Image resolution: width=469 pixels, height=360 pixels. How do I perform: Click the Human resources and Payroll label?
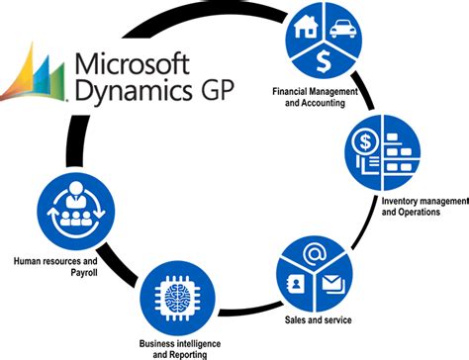(56, 267)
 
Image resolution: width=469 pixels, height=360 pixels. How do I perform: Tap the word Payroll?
(55, 273)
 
